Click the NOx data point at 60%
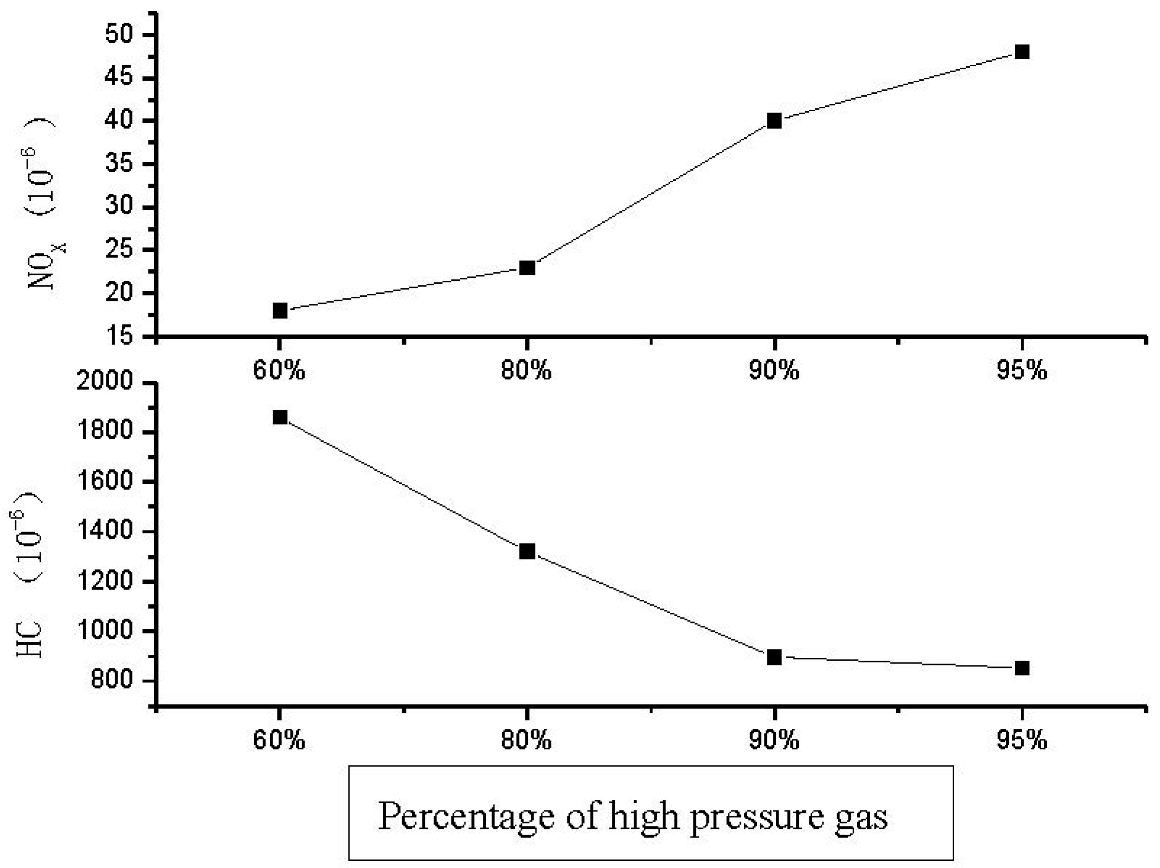(280, 310)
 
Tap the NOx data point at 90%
(774, 121)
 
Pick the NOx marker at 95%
(1022, 52)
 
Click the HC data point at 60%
(280, 418)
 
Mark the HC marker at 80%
(527, 551)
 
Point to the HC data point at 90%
(774, 657)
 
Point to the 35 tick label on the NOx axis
(122, 164)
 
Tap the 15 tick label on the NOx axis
(122, 336)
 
